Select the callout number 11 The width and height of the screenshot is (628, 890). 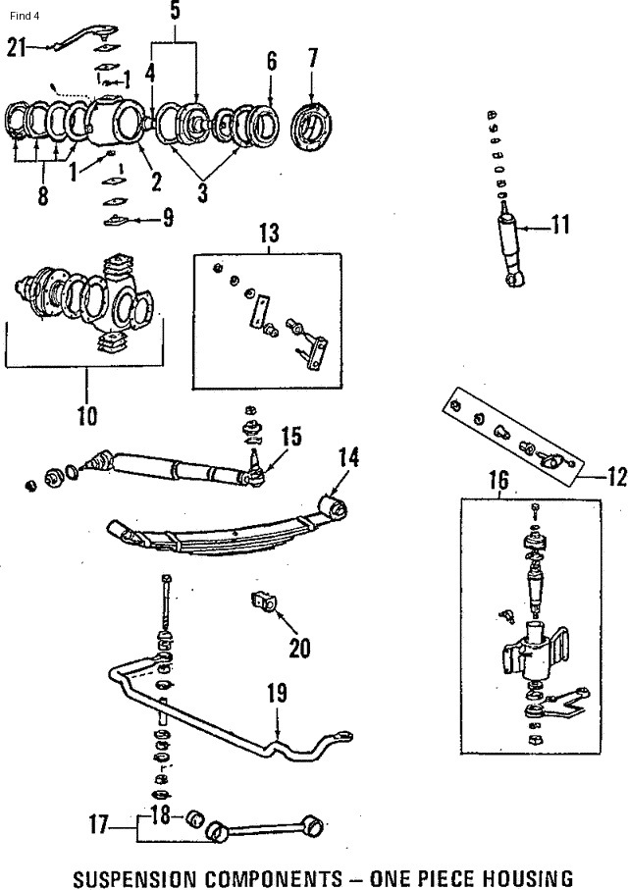click(x=560, y=225)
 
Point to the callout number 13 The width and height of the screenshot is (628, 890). click(x=269, y=234)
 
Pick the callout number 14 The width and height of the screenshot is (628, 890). click(x=348, y=457)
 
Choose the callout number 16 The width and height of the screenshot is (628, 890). click(x=498, y=480)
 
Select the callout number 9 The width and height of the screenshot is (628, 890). click(x=168, y=218)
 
